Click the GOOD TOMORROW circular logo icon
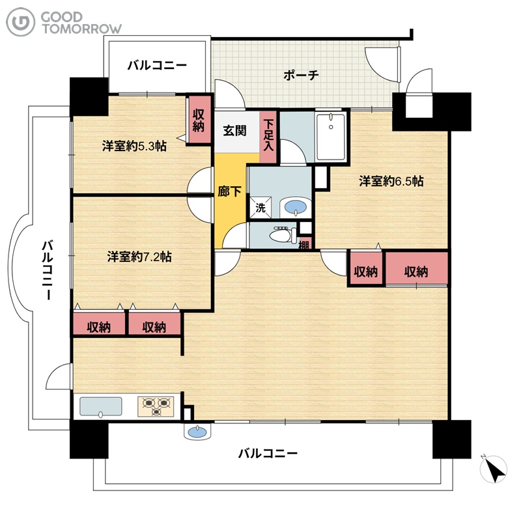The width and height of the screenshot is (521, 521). [x=20, y=22]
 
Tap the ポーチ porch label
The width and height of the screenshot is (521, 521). [x=301, y=75]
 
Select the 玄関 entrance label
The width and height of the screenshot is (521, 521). [x=234, y=131]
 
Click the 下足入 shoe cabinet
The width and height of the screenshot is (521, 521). [x=268, y=136]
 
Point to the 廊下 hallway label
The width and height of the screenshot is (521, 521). [x=229, y=191]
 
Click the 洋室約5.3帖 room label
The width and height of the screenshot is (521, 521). [x=134, y=146]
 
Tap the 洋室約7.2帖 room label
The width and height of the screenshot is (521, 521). [x=139, y=257]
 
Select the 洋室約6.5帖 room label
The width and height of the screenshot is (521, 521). [x=391, y=182]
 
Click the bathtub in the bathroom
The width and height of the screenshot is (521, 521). [x=331, y=137]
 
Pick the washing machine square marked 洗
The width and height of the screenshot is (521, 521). [x=260, y=208]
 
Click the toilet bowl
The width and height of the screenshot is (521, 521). [x=283, y=235]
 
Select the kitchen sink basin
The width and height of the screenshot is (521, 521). [x=101, y=406]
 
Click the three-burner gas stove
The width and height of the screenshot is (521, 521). [x=156, y=406]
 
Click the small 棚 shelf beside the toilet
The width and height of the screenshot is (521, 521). [x=304, y=243]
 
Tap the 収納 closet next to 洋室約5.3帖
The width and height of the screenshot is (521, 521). [x=199, y=120]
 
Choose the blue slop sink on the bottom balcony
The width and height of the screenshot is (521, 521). [x=197, y=432]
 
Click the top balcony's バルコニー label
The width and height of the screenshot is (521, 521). [x=157, y=65]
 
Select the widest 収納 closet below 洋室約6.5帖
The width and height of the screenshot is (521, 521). [x=416, y=268]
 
